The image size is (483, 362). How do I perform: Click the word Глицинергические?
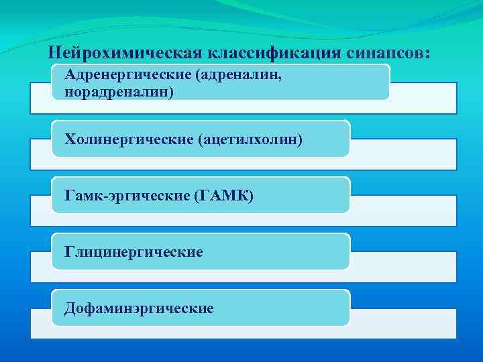[133, 251]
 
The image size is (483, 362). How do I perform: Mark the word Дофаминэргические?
[139, 308]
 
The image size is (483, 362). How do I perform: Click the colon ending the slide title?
[427, 54]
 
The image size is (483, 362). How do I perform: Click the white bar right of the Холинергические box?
[402, 154]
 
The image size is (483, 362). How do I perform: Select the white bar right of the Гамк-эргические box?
[402, 210]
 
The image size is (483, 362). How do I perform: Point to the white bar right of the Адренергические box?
[423, 98]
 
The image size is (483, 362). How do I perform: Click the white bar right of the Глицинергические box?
[402, 267]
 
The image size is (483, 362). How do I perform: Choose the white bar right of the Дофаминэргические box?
[402, 323]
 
